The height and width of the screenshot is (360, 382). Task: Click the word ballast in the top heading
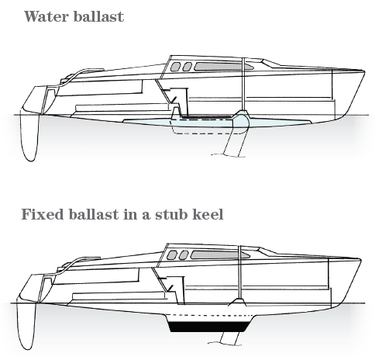98,16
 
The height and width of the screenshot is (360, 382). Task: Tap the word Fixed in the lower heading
43,214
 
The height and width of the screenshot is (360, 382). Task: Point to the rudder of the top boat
29,137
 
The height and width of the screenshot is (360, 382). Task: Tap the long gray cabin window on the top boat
224,67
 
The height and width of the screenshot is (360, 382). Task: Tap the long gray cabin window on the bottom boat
220,255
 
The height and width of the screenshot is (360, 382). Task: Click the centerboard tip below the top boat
229,155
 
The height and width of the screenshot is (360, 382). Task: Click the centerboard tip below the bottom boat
225,343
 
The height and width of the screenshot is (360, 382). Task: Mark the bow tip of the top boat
364,71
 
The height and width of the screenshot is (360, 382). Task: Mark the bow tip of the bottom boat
360,259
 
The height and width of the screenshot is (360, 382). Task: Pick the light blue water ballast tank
216,123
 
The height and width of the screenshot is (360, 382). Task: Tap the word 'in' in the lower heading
130,214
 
